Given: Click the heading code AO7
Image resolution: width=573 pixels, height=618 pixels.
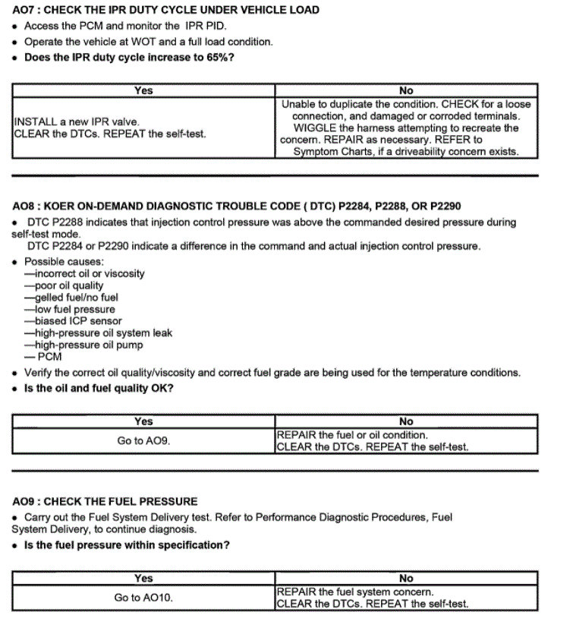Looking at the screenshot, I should [x=24, y=10].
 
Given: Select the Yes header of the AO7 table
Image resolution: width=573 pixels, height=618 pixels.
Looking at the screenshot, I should [x=143, y=90].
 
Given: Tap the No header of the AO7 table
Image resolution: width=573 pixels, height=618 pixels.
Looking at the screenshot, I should [x=406, y=90].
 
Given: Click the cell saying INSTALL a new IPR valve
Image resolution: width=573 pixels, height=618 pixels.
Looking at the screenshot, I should [x=77, y=121].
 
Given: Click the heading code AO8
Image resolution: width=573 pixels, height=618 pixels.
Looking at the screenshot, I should [x=24, y=206].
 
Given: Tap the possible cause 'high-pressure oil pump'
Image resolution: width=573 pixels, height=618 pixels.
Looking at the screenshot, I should [x=84, y=345].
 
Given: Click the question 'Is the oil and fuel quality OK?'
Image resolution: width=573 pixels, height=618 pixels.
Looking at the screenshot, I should [x=99, y=389].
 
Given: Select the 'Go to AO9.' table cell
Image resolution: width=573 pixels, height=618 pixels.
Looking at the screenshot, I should [x=143, y=440].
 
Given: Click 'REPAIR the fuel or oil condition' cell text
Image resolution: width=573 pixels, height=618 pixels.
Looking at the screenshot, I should [x=352, y=435].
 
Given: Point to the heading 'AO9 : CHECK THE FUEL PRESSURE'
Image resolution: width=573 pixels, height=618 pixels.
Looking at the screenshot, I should [x=105, y=502].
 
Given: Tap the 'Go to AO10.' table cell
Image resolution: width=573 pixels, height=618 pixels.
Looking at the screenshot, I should [x=143, y=598].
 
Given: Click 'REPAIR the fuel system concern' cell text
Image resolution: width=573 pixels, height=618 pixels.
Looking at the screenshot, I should [x=355, y=591].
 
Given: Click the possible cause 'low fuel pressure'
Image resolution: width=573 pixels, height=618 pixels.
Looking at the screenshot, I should [x=70, y=309].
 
